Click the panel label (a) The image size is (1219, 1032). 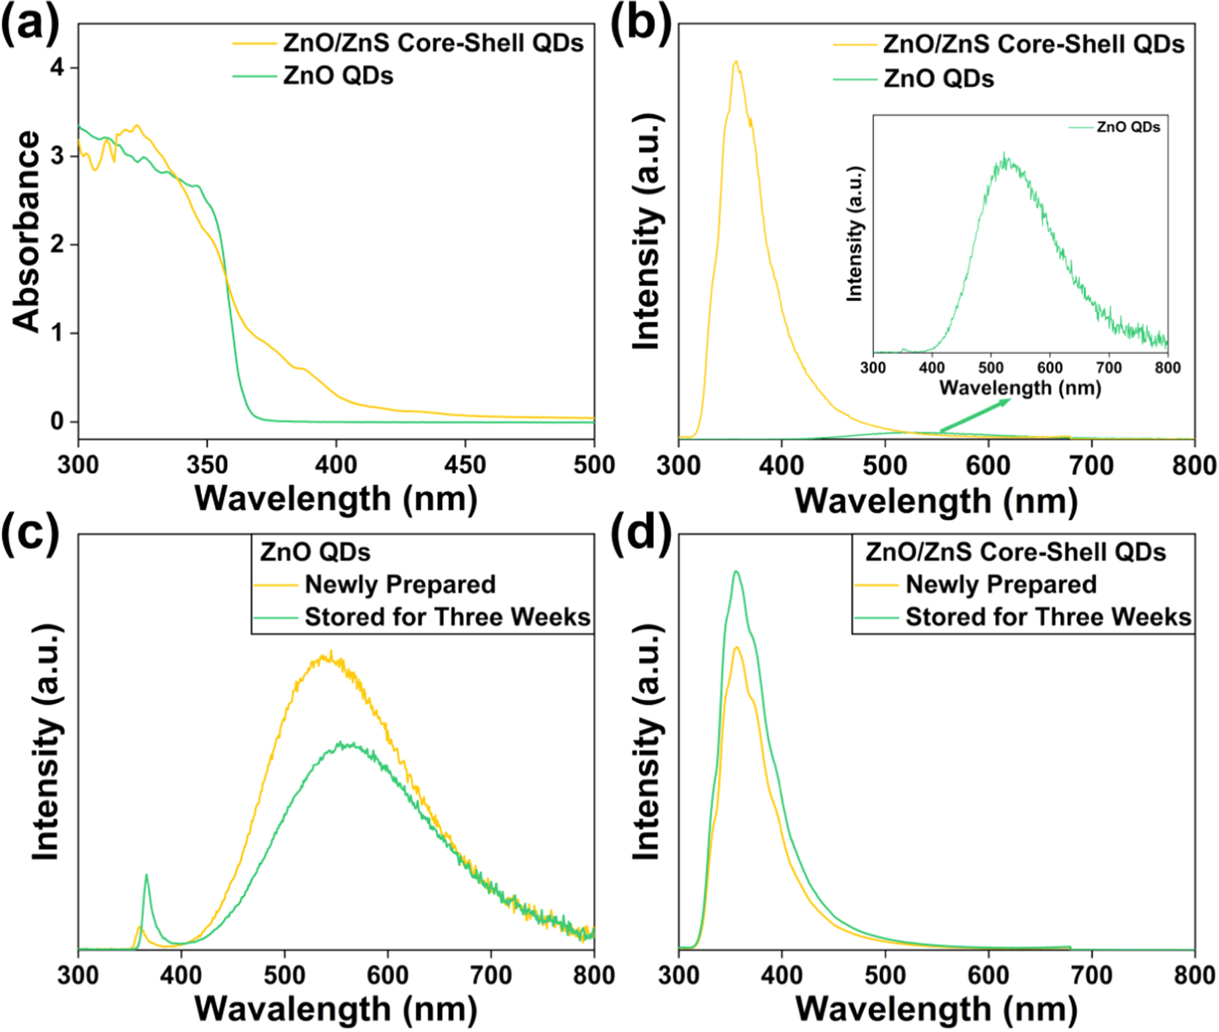[x=30, y=27]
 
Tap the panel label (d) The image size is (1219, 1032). [x=642, y=533]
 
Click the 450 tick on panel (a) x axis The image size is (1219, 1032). [x=465, y=464]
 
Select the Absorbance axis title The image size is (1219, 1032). [x=27, y=231]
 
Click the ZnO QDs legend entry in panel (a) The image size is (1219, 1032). [x=338, y=76]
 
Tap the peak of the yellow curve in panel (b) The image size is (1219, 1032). [x=736, y=62]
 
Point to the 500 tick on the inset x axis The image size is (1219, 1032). [x=991, y=367]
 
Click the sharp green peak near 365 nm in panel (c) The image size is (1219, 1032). [x=147, y=875]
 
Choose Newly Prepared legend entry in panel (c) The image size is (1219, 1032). [x=400, y=584]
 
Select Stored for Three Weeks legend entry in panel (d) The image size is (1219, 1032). [x=1048, y=617]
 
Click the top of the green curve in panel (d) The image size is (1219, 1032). [x=736, y=572]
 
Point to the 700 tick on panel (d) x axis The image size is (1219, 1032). [x=1092, y=974]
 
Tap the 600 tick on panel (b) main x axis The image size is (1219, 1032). [x=989, y=465]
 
